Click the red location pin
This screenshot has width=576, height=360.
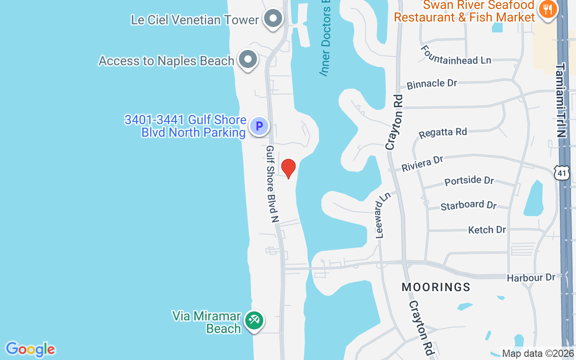point(288,168)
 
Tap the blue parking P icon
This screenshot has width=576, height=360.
point(259,126)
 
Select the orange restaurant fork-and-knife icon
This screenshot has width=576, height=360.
point(547,9)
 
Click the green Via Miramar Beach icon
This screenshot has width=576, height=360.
point(254,321)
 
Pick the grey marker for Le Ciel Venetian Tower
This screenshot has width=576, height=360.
point(272,19)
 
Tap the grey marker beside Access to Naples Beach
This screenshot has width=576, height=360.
point(247,59)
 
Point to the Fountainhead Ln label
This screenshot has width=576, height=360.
point(456,55)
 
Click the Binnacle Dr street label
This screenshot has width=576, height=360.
point(432,84)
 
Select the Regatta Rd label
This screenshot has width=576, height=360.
point(443,133)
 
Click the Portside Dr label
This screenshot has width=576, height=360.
point(469,181)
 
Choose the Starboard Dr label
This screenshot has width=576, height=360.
point(468,205)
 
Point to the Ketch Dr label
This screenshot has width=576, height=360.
point(487,230)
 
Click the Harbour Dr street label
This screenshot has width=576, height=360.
point(531,278)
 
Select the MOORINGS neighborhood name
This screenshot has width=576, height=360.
point(436,287)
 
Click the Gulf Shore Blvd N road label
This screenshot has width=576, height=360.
point(273,184)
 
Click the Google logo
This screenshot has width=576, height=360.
point(30,349)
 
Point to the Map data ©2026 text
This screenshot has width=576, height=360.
point(538,353)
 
